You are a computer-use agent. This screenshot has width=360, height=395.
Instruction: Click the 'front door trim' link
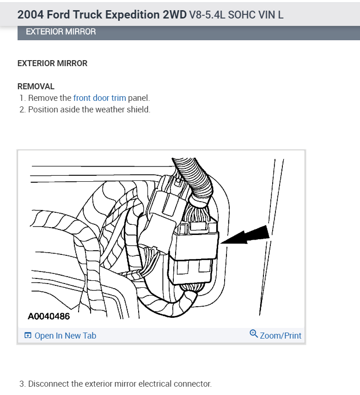(99, 98)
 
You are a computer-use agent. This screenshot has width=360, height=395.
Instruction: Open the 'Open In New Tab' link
(65, 336)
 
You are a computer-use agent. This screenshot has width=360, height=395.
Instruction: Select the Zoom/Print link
(280, 336)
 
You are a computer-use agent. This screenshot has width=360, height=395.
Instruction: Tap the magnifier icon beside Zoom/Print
(253, 334)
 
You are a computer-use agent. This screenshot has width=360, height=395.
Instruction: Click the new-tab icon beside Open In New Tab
(28, 336)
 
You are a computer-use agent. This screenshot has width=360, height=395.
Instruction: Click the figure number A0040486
(49, 317)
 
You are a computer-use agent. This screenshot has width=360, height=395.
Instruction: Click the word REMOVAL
(36, 86)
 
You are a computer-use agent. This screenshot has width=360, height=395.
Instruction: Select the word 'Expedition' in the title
(133, 14)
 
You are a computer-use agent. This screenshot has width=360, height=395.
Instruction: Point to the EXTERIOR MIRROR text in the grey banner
(61, 32)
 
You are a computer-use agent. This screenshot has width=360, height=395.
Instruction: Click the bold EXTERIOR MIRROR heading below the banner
(52, 63)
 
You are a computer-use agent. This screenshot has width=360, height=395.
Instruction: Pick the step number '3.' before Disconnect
(23, 384)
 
